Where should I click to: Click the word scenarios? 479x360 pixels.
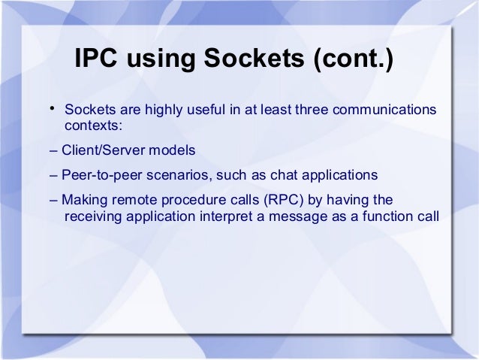[x=175, y=175]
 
